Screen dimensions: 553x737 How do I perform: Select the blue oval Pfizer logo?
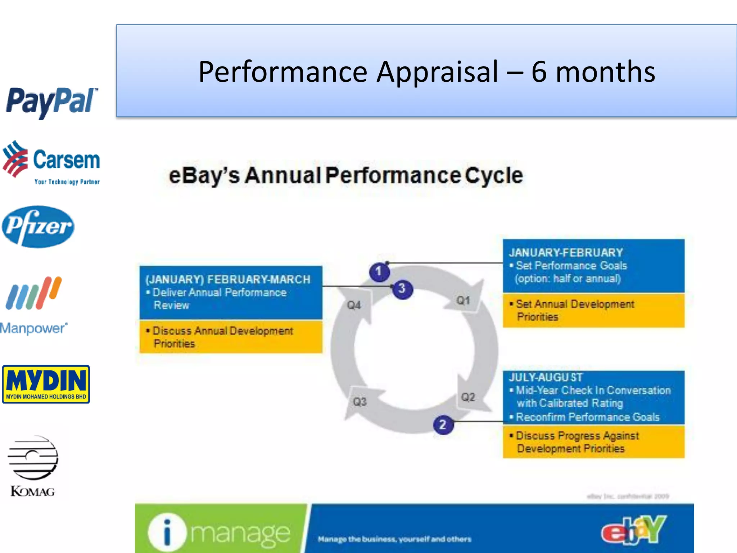[x=38, y=226]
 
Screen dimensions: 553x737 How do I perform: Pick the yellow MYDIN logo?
[x=46, y=384]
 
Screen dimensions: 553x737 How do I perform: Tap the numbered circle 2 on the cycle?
[x=443, y=425]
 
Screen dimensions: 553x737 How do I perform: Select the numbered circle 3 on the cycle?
[x=402, y=289]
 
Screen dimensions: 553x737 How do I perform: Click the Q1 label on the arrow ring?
[x=463, y=300]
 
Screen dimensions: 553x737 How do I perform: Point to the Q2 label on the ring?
[x=468, y=397]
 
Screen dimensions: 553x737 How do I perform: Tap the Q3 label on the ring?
[x=360, y=401]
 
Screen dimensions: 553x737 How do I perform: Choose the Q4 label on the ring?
[x=354, y=305]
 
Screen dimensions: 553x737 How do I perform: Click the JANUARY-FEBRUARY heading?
[x=566, y=253]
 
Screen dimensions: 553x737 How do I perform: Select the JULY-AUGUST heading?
[x=545, y=377]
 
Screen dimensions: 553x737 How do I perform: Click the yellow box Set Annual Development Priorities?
[x=593, y=310]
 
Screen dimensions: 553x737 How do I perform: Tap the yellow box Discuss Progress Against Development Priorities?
[x=593, y=442]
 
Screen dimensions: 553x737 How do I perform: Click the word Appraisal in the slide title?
[x=438, y=72]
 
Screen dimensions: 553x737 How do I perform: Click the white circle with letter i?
[x=167, y=532]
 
